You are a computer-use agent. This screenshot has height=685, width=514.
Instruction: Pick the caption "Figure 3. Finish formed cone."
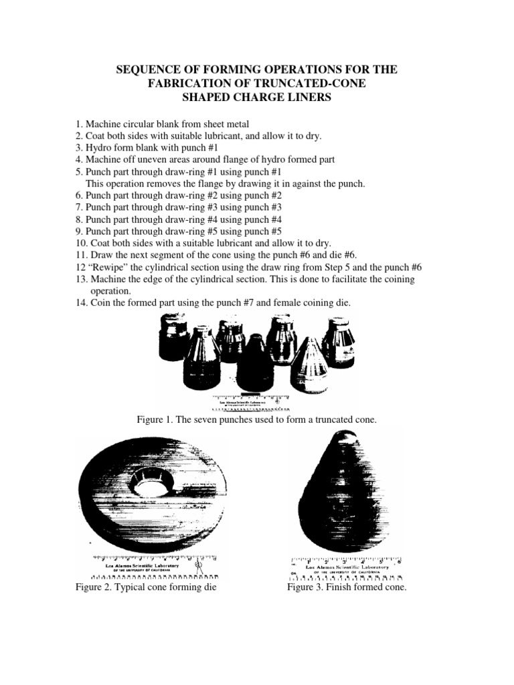(x=347, y=587)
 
